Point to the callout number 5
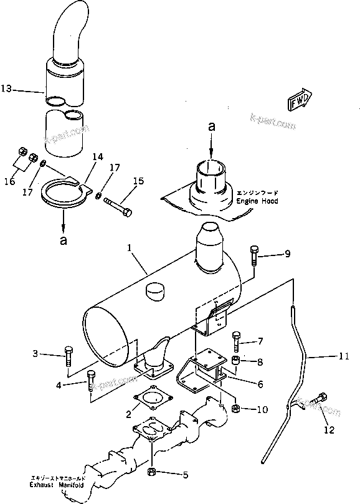[x=186, y=475]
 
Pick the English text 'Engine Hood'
[x=257, y=202]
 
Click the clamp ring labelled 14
[x=64, y=193]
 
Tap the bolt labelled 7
[x=235, y=341]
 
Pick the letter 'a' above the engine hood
[x=212, y=126]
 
